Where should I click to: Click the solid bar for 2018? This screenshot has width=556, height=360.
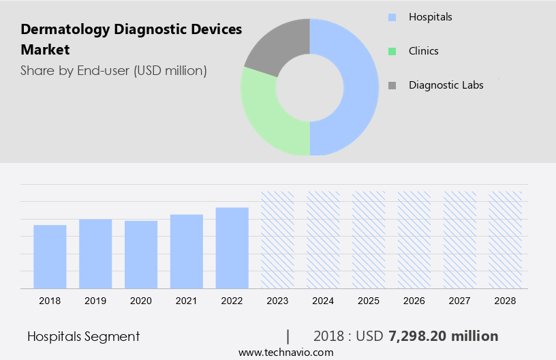tap(50, 256)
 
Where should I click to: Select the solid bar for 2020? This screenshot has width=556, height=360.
tap(141, 254)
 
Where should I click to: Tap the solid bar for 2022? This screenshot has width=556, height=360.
tap(232, 247)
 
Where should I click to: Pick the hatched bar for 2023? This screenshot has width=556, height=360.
tap(277, 239)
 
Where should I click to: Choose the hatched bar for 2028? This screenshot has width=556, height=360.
tap(506, 239)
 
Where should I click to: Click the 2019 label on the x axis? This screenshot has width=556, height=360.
tap(95, 301)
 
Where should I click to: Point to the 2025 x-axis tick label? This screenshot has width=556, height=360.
tap(369, 301)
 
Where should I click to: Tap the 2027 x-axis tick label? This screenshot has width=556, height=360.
tap(460, 301)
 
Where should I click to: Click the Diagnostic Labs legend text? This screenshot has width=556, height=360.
tap(446, 85)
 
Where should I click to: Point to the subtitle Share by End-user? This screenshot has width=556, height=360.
tap(113, 70)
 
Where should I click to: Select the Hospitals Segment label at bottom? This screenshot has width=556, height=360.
tap(83, 336)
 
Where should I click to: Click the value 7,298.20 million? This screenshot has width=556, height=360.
tap(443, 336)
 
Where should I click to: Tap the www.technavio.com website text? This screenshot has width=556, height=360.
tap(285, 352)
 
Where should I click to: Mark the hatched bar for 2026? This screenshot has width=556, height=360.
tap(414, 239)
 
